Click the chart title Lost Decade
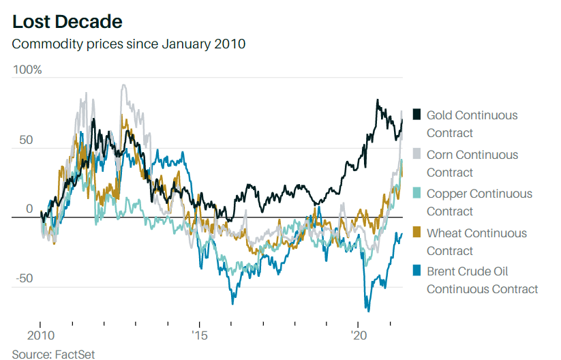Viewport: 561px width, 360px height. coord(67,22)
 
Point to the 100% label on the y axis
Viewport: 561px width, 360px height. coord(27,70)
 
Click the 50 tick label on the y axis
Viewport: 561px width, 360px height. coord(25,140)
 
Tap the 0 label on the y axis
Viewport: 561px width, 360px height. coord(29,209)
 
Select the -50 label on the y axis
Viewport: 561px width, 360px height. coord(25,278)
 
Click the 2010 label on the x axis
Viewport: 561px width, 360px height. coord(40,335)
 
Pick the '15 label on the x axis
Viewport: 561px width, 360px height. coord(199,335)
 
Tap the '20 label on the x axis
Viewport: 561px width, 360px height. coord(359,335)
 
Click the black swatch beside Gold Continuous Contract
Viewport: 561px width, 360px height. coord(416,115)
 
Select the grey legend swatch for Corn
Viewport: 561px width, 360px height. coord(416,155)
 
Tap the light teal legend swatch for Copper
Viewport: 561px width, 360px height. coord(416,194)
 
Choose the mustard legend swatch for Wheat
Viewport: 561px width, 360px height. coord(416,233)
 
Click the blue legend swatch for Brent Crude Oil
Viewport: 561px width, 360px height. coord(416,271)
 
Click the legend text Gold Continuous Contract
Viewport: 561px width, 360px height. coord(472,124)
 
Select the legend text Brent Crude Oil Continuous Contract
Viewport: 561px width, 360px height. coord(482,280)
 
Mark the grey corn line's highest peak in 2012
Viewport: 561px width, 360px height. coord(123,85)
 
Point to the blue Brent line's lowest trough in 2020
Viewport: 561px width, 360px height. coord(368,311)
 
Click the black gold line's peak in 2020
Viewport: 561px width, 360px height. coord(377,100)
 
